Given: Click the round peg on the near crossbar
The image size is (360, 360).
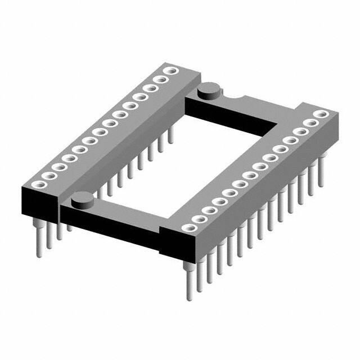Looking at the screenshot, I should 83,198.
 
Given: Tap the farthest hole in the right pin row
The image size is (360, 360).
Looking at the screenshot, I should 321,114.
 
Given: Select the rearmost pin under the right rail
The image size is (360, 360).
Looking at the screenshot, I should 321,172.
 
